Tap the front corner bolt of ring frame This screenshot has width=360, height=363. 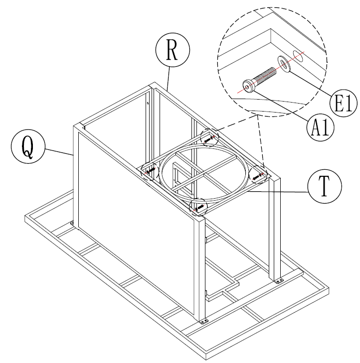[x=199, y=206]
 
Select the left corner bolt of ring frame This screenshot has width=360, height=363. [x=150, y=170]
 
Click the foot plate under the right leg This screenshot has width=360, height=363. [x=278, y=282]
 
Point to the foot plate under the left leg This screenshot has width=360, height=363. [x=73, y=223]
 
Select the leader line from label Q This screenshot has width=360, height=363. [x=58, y=150]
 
